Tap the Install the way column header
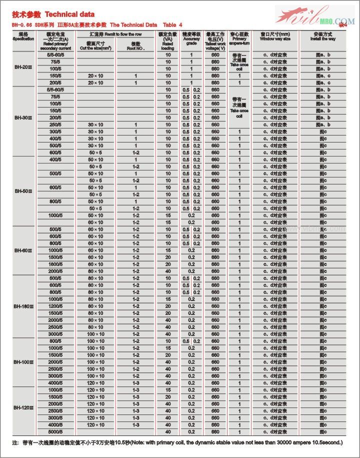pyautogui.click(x=322, y=37)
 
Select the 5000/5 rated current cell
pyautogui.click(x=55, y=431)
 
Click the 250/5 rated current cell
pyautogui.click(x=55, y=124)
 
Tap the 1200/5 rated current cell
pyautogui.click(x=55, y=306)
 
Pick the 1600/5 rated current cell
pyautogui.click(x=55, y=264)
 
